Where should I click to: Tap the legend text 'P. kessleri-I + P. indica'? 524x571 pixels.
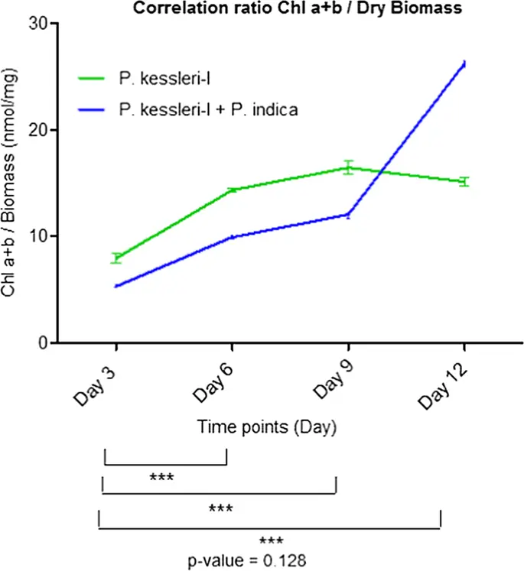[x=208, y=110]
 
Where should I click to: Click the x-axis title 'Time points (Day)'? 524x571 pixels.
[x=268, y=426]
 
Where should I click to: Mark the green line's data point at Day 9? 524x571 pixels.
[x=348, y=167]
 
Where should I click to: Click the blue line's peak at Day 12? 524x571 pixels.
[x=464, y=64]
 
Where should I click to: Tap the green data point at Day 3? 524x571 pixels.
[x=116, y=258]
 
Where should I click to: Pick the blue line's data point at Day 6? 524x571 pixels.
[x=233, y=237]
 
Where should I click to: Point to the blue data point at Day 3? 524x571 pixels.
[x=116, y=287]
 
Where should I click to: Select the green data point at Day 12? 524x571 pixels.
[x=464, y=182]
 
